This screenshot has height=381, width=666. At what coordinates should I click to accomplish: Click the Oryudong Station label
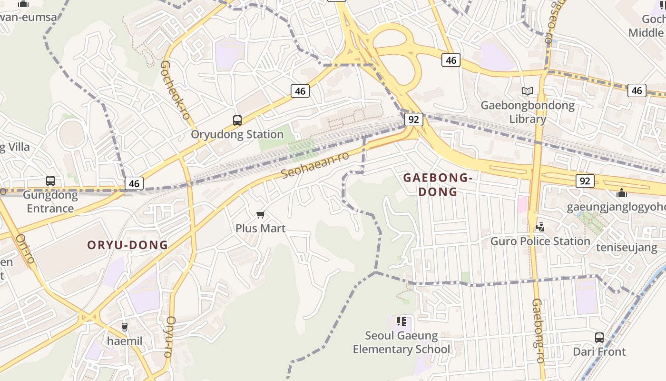coord(237,134)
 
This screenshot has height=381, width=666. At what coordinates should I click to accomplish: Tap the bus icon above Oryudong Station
coord(237,120)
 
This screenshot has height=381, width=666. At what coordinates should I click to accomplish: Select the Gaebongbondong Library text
coord(528,112)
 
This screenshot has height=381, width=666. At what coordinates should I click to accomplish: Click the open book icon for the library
coord(527,91)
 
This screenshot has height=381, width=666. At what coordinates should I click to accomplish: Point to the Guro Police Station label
coord(540,241)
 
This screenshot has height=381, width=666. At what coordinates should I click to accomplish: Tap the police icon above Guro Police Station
coord(540,227)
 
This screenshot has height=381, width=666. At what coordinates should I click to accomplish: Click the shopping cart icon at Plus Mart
coord(260,215)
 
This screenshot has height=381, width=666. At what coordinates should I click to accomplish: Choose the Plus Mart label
coord(260,229)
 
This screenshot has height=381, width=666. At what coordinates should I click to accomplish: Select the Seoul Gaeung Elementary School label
coord(402,342)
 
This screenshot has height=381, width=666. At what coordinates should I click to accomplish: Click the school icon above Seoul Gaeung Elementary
coord(402,321)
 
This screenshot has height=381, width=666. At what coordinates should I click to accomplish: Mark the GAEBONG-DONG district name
coord(438,185)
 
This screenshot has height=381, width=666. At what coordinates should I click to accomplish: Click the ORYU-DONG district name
coord(127,245)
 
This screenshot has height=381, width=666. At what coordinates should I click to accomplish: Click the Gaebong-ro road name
coord(538,331)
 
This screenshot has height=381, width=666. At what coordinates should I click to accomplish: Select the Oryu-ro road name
coord(169,337)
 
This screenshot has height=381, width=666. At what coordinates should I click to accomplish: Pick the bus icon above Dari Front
coord(599,338)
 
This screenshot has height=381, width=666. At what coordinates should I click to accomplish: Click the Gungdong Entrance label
coord(50,201)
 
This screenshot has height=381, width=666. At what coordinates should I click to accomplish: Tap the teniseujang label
coord(627,248)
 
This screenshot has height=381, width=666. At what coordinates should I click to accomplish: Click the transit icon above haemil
coord(125,327)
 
